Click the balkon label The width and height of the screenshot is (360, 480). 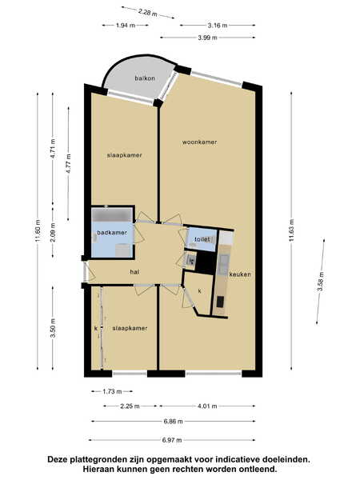point(145,78)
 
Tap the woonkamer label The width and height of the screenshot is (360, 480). point(199,142)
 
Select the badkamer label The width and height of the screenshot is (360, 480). point(112,233)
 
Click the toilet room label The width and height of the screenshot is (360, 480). point(202,239)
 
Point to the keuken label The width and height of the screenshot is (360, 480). point(240,274)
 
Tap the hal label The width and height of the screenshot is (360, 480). point(134,272)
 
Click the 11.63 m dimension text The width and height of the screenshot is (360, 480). point(291,230)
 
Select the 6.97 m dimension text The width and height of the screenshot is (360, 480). point(172,440)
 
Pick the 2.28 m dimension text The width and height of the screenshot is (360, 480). point(147,13)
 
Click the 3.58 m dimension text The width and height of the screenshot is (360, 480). point(321,282)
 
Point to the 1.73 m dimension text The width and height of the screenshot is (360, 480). point(112,391)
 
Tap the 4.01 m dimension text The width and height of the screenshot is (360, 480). point(207,406)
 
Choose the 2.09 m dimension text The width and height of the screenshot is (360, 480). point(53,232)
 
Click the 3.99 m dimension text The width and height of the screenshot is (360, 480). point(207,38)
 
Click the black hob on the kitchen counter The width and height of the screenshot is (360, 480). point(220,302)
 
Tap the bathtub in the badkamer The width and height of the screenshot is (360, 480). point(113,215)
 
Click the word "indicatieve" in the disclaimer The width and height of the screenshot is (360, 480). point(234,459)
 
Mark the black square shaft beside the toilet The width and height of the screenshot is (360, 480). point(206,262)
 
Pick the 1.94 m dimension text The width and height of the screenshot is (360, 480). point(126,26)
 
